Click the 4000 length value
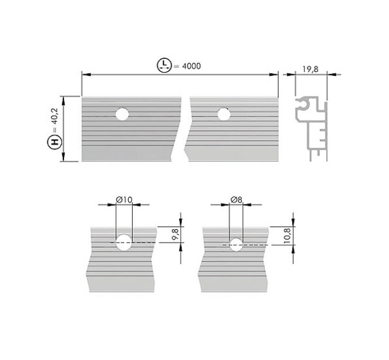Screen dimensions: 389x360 point(191,66)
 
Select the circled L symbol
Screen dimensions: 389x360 point(164,65)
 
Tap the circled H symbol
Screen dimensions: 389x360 point(54,142)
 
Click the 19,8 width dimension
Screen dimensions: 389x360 point(310,69)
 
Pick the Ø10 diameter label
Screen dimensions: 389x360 point(124,199)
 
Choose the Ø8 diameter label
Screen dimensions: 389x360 point(236,199)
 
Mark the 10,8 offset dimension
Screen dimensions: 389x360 point(287,235)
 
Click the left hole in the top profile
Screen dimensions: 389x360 point(122,114)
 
